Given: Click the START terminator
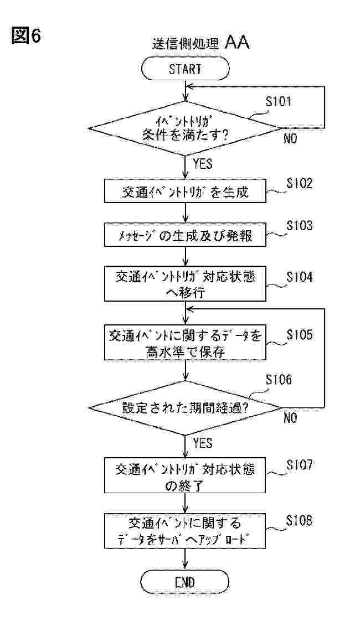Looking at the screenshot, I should coord(185,69).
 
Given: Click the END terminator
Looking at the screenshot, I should coord(185,582).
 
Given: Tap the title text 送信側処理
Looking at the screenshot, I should coord(186,44).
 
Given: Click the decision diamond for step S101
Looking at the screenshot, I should coord(185,128).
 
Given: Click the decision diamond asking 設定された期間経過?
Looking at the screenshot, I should coord(185,408).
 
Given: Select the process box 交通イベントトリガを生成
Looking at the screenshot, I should coord(185,192).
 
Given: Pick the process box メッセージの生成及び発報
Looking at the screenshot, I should coord(185,235).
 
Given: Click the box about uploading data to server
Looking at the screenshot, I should coord(185,530).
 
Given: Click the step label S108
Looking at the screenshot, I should coord(299,521).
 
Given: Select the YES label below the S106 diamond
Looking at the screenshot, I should coord(202,443).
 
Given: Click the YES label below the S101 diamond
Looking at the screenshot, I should coord(202,164).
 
